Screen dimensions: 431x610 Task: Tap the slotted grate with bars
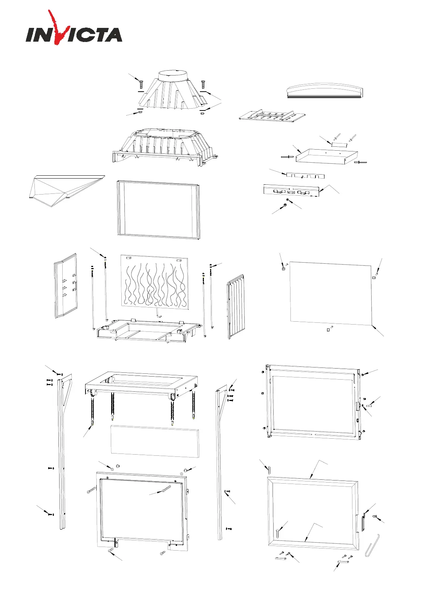pos(272,116)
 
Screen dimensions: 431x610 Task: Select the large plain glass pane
pos(331,292)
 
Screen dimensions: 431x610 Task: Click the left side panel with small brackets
pos(66,286)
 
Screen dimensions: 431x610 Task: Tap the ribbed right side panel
pos(236,308)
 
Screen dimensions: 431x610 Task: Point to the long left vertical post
pos(62,453)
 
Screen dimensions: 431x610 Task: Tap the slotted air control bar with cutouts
pos(291,191)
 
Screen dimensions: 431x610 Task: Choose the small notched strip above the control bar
pos(305,176)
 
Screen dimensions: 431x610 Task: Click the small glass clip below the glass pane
pos(328,330)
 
